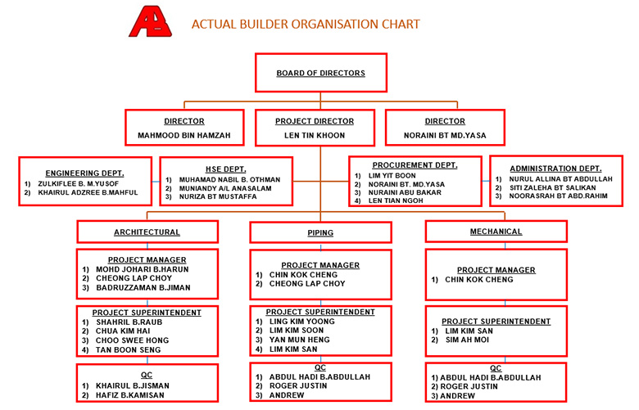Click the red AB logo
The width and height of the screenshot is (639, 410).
point(151,21)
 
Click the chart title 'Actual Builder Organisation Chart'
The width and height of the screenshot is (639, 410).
point(306,25)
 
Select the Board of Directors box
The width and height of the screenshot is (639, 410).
point(320,73)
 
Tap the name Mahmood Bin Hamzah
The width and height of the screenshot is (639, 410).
point(184,135)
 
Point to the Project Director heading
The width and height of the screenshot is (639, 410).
point(315,121)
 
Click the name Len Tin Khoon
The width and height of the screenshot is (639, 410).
point(315,135)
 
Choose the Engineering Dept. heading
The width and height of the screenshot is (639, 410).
point(84,173)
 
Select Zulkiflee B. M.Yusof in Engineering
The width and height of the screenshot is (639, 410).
point(79,183)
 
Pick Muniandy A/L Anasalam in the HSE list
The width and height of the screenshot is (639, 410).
point(225,188)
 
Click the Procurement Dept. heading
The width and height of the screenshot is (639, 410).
point(415,165)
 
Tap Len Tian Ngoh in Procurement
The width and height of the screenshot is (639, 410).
point(396,200)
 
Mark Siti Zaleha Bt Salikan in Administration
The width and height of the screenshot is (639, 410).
point(553,187)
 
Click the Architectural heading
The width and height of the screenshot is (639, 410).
point(147,232)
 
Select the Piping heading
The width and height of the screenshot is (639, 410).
point(320,233)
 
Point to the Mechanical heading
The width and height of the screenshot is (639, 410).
point(496,232)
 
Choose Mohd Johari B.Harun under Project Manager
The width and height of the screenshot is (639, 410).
point(143,269)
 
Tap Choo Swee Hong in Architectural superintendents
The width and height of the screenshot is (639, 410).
point(132,340)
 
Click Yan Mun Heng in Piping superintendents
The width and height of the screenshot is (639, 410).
point(300,340)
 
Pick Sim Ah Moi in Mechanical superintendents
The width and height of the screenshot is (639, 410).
point(467,340)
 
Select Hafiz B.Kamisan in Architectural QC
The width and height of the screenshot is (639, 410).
point(130,395)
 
